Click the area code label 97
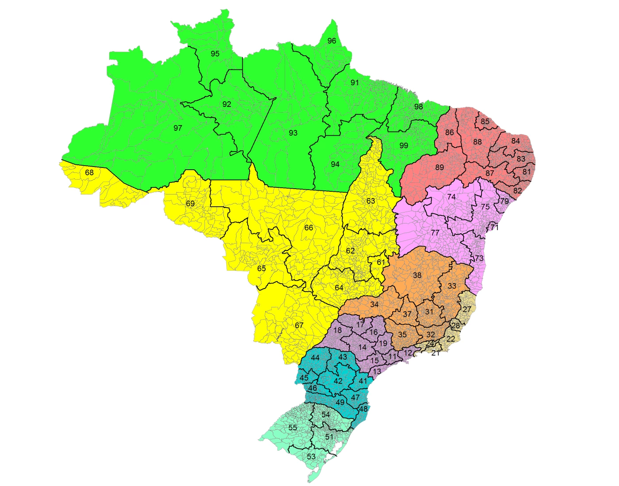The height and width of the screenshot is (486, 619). tap(178, 128)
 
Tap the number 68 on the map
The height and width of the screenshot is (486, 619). tap(89, 173)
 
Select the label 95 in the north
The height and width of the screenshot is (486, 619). tap(215, 54)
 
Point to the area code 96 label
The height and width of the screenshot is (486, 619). tap(332, 41)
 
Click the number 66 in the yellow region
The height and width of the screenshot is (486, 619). tap(309, 228)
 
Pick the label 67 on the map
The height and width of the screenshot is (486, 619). tap(299, 326)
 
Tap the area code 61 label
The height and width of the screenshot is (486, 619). tap(381, 262)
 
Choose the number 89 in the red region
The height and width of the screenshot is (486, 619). tap(439, 167)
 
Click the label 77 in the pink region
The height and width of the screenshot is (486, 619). tap(435, 233)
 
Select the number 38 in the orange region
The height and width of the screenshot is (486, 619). tap(417, 275)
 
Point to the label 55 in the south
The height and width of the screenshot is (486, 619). tap(293, 428)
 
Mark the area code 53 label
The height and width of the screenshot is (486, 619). tap(311, 456)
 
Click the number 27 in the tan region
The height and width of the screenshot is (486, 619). tap(467, 309)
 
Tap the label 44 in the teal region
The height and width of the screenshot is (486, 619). tap(315, 358)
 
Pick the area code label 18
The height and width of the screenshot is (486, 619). tap(337, 330)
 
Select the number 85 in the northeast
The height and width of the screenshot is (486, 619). tap(485, 121)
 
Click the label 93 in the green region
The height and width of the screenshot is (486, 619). tap(293, 133)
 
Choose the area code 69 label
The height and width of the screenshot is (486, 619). tap(190, 204)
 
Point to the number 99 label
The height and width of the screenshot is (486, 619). tap(404, 146)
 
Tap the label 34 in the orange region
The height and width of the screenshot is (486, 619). tap(374, 304)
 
